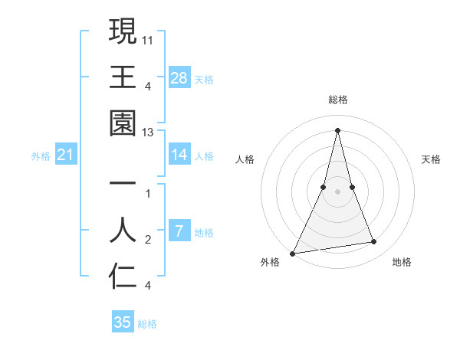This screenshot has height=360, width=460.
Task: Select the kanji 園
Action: click(123, 122)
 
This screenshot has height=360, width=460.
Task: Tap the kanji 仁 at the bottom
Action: click(123, 275)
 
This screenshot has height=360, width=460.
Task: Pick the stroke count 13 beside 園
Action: click(149, 133)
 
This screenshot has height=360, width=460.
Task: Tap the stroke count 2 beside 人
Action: click(148, 240)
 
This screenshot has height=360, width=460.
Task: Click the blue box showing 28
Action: click(179, 78)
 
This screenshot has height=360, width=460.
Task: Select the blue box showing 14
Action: click(179, 155)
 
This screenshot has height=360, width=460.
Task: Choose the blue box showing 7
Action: click(179, 231)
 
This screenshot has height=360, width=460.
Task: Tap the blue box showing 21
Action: click(67, 155)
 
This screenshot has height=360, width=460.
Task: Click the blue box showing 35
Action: click(123, 322)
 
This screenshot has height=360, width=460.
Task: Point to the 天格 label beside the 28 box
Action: click(204, 79)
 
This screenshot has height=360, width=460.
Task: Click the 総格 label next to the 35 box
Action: click(147, 323)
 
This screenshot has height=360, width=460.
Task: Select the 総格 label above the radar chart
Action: click(338, 100)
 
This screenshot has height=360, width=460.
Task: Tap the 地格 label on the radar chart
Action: click(402, 262)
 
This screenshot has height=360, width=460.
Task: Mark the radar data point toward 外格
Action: click(293, 253)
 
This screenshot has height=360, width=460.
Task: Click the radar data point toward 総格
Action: click(337, 130)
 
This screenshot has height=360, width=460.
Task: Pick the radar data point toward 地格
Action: click(374, 242)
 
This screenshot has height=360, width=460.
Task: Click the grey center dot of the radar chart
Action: click(337, 191)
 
